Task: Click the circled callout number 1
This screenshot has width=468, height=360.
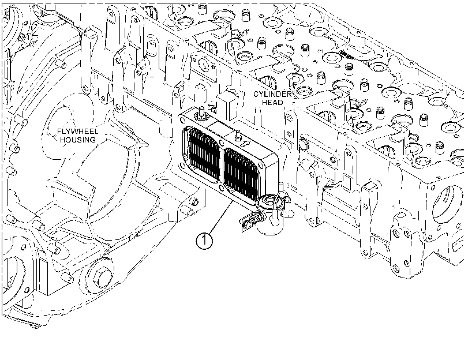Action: pos(204,241)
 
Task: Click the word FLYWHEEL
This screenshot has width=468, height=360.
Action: pos(77,132)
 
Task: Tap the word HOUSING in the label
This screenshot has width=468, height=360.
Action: pos(77,140)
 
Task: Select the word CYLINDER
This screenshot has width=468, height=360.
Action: pos(272,94)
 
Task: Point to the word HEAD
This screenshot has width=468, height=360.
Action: pos(272,102)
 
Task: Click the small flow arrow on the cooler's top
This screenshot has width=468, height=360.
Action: pos(245,144)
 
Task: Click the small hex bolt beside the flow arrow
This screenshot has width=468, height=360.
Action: pos(238,135)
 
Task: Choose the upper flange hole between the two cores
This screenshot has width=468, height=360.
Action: pos(221,143)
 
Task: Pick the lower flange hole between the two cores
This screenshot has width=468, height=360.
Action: pos(221,187)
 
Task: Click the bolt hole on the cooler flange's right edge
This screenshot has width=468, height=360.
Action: pos(263,165)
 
